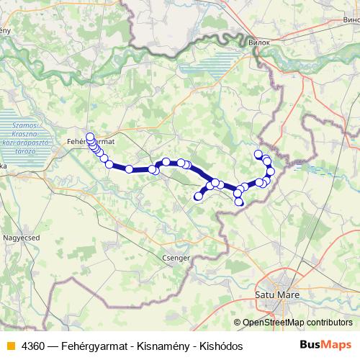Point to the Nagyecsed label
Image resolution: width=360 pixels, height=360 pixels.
click(x=22, y=235)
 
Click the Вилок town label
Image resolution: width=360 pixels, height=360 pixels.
click(x=258, y=43)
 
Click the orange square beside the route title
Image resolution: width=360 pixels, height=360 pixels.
click(x=10, y=346)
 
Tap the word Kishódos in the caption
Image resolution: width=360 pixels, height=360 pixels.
click(x=217, y=346)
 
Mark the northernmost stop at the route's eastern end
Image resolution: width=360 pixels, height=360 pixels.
click(x=258, y=153)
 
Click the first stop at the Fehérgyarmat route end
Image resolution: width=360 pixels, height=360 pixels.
click(x=90, y=137)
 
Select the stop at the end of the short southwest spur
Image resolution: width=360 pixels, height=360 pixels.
click(x=199, y=196)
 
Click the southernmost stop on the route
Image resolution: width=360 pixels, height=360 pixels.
click(x=240, y=202)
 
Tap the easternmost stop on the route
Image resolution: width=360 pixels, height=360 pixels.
click(x=271, y=171)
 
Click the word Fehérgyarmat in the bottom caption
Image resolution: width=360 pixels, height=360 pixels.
click(x=92, y=346)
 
